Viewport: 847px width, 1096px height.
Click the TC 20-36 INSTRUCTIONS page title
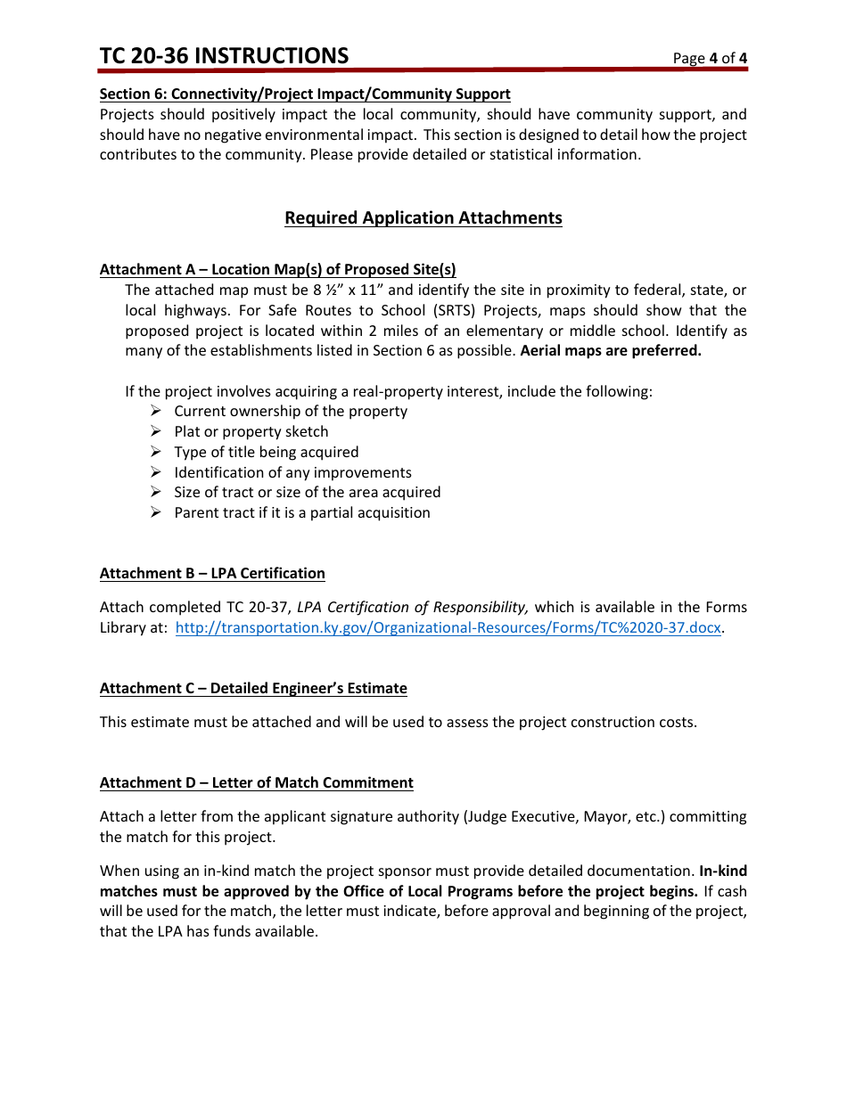pyautogui.click(x=224, y=56)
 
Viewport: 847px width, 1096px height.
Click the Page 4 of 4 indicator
pyautogui.click(x=710, y=59)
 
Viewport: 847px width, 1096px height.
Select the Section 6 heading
pyautogui.click(x=305, y=94)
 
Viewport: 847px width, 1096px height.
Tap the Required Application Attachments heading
pyautogui.click(x=423, y=218)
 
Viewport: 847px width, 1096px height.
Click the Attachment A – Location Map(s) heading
pyautogui.click(x=277, y=269)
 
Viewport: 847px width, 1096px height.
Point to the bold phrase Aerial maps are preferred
pyautogui.click(x=611, y=350)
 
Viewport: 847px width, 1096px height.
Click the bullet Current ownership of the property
pyautogui.click(x=290, y=411)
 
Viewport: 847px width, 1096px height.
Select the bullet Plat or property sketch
pyautogui.click(x=251, y=431)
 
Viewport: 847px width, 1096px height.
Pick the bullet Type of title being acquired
pyautogui.click(x=266, y=452)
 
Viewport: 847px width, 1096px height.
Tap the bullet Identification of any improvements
pyautogui.click(x=292, y=472)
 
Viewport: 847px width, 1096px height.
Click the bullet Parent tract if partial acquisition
pyautogui.click(x=301, y=512)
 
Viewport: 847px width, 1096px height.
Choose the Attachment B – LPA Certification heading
pyautogui.click(x=212, y=573)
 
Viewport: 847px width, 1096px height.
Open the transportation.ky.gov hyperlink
pyautogui.click(x=448, y=627)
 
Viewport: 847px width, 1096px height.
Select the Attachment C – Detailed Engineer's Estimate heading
pyautogui.click(x=253, y=688)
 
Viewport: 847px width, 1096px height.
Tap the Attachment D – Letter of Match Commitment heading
pyautogui.click(x=256, y=782)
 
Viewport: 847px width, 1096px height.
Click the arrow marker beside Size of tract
pyautogui.click(x=155, y=492)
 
